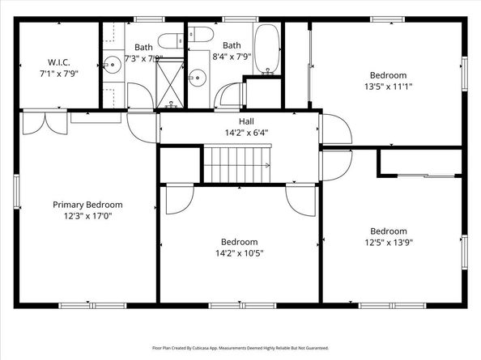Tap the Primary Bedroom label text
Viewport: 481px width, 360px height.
pos(93,205)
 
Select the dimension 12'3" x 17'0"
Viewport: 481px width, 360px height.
pos(93,216)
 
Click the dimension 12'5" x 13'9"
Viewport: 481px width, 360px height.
pos(388,240)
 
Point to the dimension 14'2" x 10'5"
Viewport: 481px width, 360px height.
pos(239,252)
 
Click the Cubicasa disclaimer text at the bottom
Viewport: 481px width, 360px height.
pos(240,348)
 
